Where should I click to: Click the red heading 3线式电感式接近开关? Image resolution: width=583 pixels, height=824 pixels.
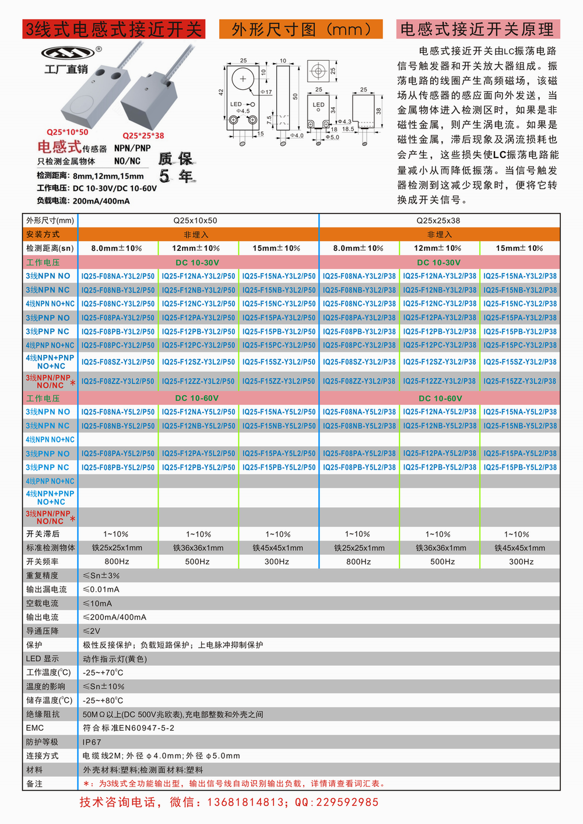[x=114, y=29]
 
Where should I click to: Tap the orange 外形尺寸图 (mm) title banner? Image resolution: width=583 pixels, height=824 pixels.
[x=301, y=29]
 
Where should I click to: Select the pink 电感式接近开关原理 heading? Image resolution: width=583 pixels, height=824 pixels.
[x=477, y=29]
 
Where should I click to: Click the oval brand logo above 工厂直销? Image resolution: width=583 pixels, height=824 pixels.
[x=68, y=53]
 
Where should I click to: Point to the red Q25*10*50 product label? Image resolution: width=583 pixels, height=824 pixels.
[x=68, y=132]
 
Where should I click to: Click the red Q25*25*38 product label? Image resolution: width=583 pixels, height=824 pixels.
[x=143, y=135]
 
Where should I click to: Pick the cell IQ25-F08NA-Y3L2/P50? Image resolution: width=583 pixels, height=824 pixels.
[x=118, y=276]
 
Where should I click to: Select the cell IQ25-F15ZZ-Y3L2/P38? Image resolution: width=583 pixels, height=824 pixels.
[x=519, y=381]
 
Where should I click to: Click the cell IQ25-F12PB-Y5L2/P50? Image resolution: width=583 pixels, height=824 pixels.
[x=198, y=467]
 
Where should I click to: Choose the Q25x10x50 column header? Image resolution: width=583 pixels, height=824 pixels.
[x=195, y=221]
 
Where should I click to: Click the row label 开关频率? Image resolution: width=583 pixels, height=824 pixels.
[x=43, y=561]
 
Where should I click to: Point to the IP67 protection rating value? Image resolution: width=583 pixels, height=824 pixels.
[x=92, y=742]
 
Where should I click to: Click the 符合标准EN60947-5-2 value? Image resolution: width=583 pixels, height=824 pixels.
[x=129, y=728]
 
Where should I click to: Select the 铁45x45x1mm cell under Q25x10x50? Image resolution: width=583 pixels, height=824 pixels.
[x=278, y=548]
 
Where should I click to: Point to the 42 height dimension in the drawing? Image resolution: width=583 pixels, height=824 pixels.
[x=221, y=92]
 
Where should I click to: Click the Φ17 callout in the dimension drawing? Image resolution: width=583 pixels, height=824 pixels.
[x=266, y=92]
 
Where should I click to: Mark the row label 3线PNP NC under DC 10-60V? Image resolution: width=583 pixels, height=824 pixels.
[x=47, y=467]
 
